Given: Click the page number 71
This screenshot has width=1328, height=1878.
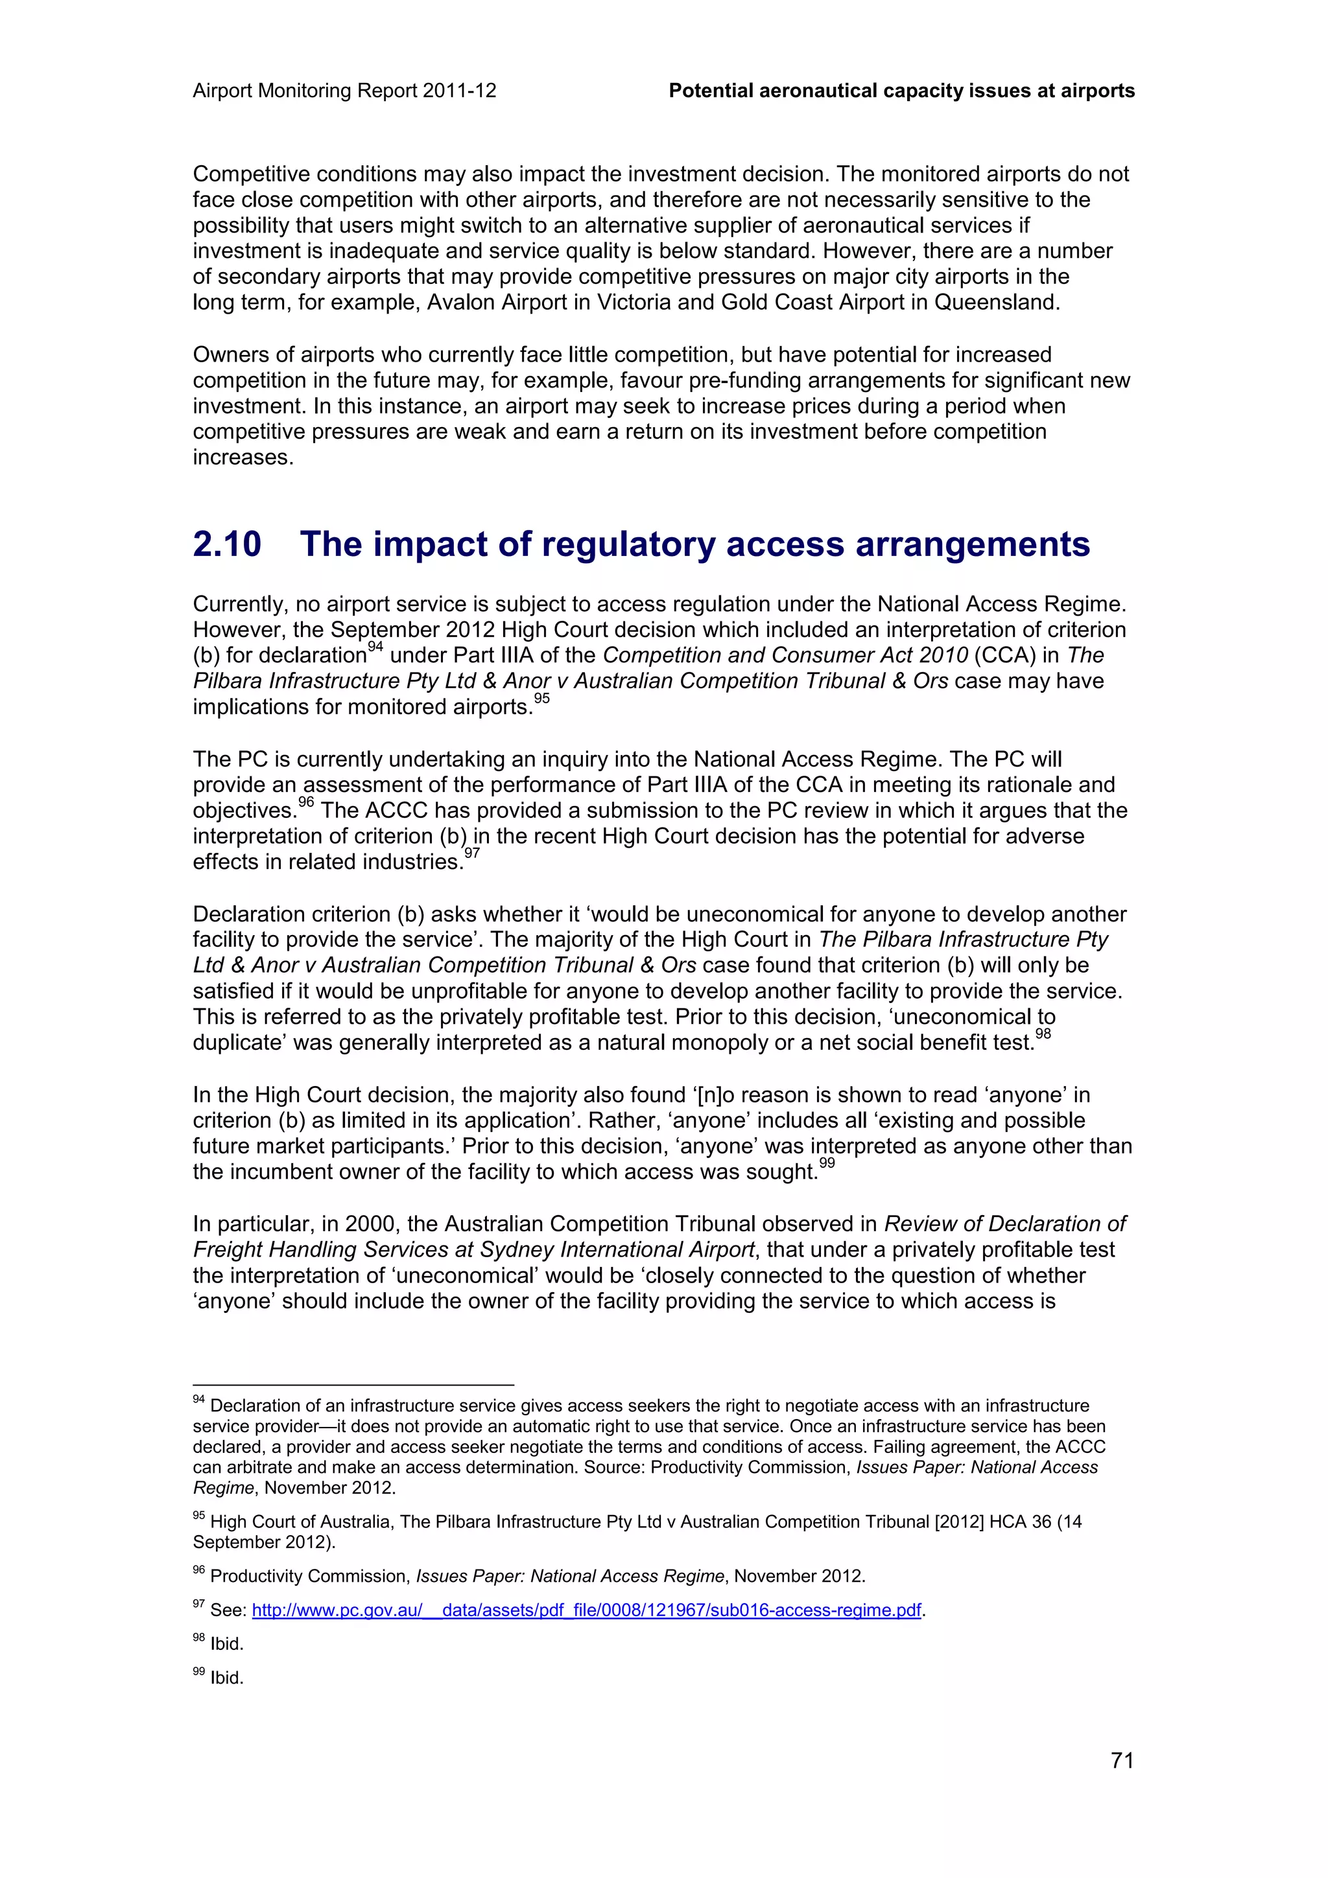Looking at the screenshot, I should (1122, 1759).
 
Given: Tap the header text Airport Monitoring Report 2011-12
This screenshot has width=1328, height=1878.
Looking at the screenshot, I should (344, 91).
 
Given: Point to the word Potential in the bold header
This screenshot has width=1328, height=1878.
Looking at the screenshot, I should (710, 91).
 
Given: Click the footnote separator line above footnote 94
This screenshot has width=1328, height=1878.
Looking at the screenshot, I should (353, 1385).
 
